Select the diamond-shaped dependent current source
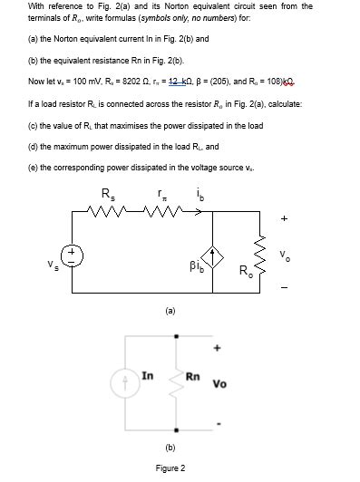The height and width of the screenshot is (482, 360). pos(215,256)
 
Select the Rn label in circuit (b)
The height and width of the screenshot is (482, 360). pos(192,375)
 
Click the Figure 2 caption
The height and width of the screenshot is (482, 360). pos(170,468)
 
